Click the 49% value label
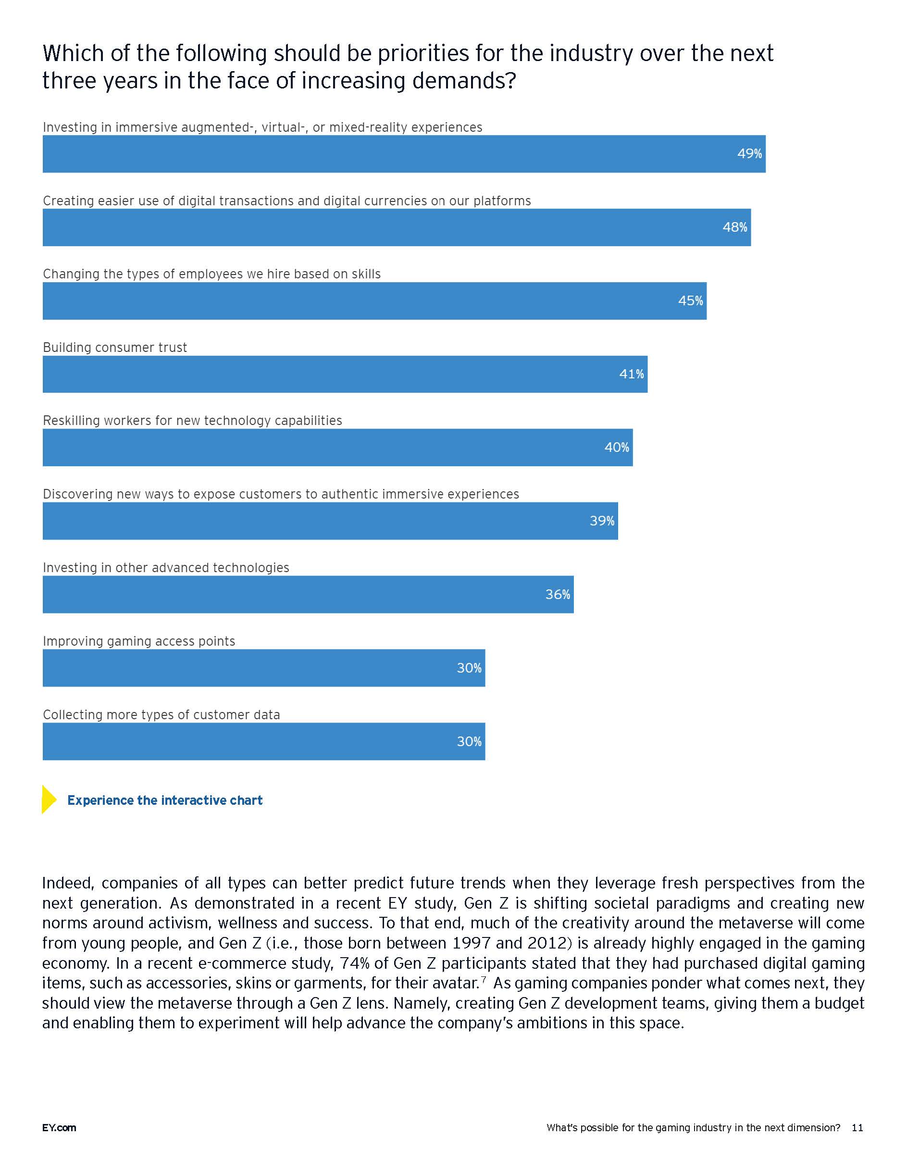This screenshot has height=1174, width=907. [749, 154]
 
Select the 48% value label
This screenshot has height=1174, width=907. [734, 227]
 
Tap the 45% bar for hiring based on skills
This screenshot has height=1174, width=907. [374, 301]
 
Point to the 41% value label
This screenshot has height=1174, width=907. [632, 374]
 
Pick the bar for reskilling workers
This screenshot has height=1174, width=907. [337, 447]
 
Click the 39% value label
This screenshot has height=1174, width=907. [602, 521]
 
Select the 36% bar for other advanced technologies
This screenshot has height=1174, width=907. [308, 595]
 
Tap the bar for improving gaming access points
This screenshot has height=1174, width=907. [264, 668]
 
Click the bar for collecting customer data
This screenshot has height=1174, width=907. [264, 741]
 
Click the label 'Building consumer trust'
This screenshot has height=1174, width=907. [115, 348]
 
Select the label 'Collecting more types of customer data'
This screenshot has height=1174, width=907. [161, 715]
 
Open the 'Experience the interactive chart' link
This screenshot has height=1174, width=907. [165, 800]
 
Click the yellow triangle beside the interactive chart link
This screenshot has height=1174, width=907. [49, 799]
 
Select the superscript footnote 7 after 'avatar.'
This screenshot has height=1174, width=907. [484, 979]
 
